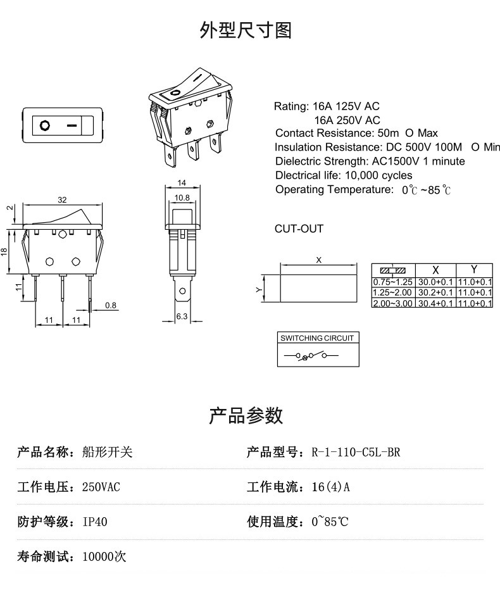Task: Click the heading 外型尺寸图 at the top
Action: coord(246,30)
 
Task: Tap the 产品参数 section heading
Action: coord(246,416)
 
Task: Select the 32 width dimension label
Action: coord(62,199)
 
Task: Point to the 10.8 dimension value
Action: coord(182,198)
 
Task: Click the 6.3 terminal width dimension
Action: coord(181,317)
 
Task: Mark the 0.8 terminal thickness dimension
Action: coord(111,305)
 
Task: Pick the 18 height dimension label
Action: coord(4,251)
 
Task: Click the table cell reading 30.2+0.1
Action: coord(435,292)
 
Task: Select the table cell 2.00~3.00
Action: coord(392,303)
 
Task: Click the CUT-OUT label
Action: coord(299,229)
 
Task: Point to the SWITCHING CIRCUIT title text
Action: coord(317,338)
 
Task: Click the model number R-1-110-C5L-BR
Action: coord(356,453)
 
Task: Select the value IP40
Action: coord(95,522)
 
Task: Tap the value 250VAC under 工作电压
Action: coord(101,487)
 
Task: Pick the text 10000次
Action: coord(104,557)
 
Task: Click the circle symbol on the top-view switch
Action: coord(45,125)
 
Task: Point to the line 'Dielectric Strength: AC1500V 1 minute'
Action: coord(370,161)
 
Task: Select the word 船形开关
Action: coord(108,453)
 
